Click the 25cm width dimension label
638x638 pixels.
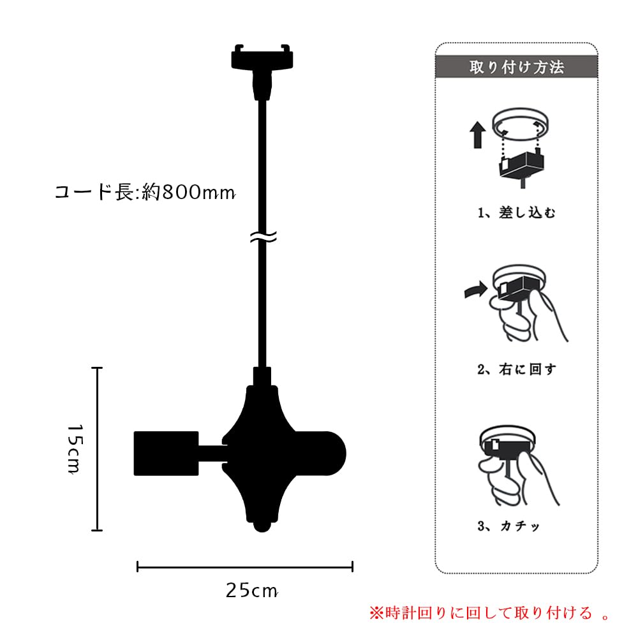(252, 590)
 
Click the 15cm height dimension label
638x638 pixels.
(75, 449)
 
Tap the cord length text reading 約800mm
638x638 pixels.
(189, 192)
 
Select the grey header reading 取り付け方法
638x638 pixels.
(516, 67)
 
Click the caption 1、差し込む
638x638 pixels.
(516, 212)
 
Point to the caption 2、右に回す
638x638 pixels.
(516, 369)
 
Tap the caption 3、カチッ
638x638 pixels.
(508, 526)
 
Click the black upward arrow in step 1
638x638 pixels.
(478, 135)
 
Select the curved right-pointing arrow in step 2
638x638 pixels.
(476, 290)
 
